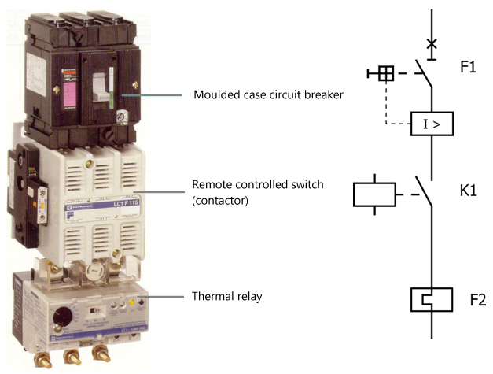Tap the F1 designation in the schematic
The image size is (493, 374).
click(469, 68)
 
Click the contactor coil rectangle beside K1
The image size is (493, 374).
click(374, 194)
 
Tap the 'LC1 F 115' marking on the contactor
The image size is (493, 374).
click(112, 203)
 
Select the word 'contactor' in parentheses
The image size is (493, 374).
click(223, 200)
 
